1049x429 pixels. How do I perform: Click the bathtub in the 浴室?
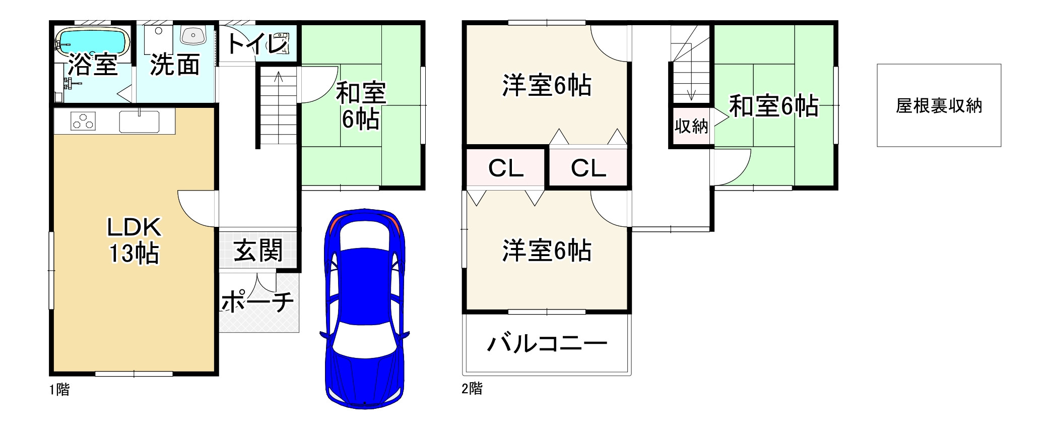[91, 40]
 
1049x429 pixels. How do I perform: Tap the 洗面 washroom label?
[174, 65]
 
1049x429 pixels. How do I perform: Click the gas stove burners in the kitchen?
[83, 121]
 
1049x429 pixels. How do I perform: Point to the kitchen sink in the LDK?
[139, 121]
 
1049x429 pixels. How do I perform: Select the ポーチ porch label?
[257, 301]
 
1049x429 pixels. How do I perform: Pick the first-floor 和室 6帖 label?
[361, 105]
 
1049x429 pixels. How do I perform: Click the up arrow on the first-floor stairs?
[278, 78]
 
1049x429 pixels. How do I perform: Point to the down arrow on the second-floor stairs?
[691, 93]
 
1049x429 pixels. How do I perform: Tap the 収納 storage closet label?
[691, 126]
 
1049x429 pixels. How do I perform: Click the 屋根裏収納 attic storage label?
[939, 106]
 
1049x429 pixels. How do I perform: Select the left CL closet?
[506, 168]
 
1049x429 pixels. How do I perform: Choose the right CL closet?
[588, 168]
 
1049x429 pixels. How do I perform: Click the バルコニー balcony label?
[547, 344]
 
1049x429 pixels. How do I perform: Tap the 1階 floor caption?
[59, 390]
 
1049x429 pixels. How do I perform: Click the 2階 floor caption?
[472, 389]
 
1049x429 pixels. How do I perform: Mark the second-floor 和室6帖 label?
[773, 106]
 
